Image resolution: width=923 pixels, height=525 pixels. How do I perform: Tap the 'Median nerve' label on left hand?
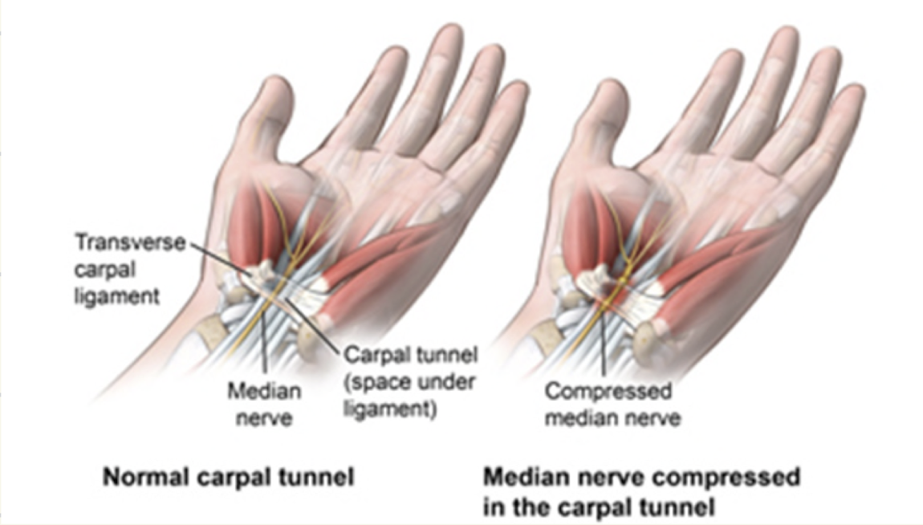pos(264,403)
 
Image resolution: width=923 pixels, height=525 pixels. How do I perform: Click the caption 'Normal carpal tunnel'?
pos(228,478)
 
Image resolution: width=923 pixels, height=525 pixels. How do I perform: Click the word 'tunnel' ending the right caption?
pos(677,506)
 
